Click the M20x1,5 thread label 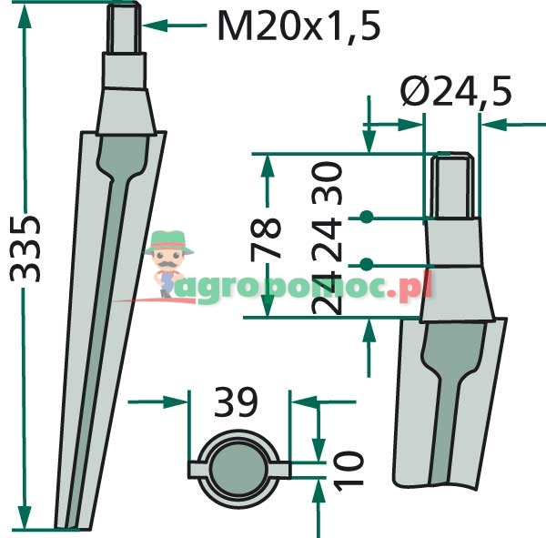click(x=298, y=26)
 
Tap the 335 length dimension click(x=25, y=249)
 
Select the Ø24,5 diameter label click(x=456, y=91)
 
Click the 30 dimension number click(x=327, y=183)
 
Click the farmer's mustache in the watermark click(x=168, y=265)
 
